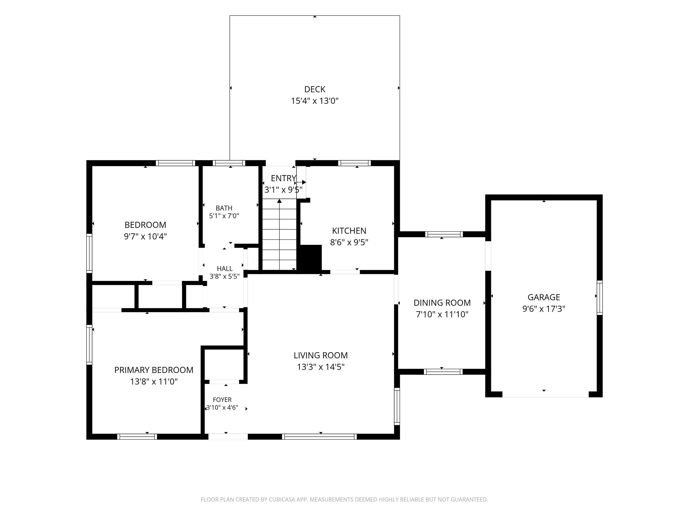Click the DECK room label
point(315,90)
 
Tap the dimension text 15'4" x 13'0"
point(315,101)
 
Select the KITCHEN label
point(349,231)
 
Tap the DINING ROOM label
point(442,303)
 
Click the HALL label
point(225,269)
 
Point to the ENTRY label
point(283,178)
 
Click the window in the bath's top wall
point(229,163)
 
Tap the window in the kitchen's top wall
point(354,163)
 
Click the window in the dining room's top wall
point(444,234)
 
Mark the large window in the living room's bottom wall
point(320,437)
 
